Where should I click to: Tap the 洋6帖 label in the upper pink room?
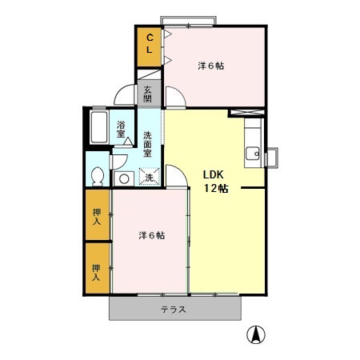click(210, 66)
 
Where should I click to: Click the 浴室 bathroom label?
click(121, 130)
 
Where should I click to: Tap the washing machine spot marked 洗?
click(149, 177)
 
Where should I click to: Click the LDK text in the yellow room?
click(212, 175)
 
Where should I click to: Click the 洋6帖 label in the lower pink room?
click(152, 235)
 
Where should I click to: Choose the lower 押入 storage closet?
click(98, 272)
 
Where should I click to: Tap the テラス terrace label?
click(174, 309)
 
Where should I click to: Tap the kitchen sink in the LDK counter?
click(254, 153)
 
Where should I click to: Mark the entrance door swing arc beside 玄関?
click(125, 94)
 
